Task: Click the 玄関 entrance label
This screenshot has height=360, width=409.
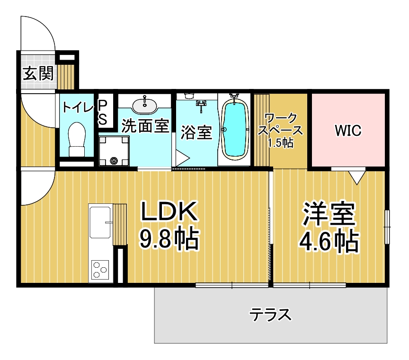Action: pos(38,73)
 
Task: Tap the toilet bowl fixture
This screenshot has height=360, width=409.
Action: pos(77,140)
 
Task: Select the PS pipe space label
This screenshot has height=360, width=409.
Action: pos(103,113)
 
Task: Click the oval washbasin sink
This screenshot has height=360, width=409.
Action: pos(144,105)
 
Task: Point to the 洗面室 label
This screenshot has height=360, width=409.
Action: pos(145,126)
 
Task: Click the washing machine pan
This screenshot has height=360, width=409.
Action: pos(114,151)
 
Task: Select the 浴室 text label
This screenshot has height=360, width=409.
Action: pos(196,132)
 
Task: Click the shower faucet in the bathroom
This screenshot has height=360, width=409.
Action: pos(201,105)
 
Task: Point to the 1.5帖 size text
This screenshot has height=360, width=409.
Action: pos(281,142)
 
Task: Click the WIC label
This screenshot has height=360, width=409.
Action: pos(348,131)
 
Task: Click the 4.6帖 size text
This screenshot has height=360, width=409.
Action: pos(329,241)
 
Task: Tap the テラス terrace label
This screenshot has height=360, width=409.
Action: pos(270,315)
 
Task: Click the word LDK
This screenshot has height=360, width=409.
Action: pos(169,211)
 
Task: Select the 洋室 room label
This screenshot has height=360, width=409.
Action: pos(329,214)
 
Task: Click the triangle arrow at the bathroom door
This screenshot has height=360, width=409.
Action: pos(182,158)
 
